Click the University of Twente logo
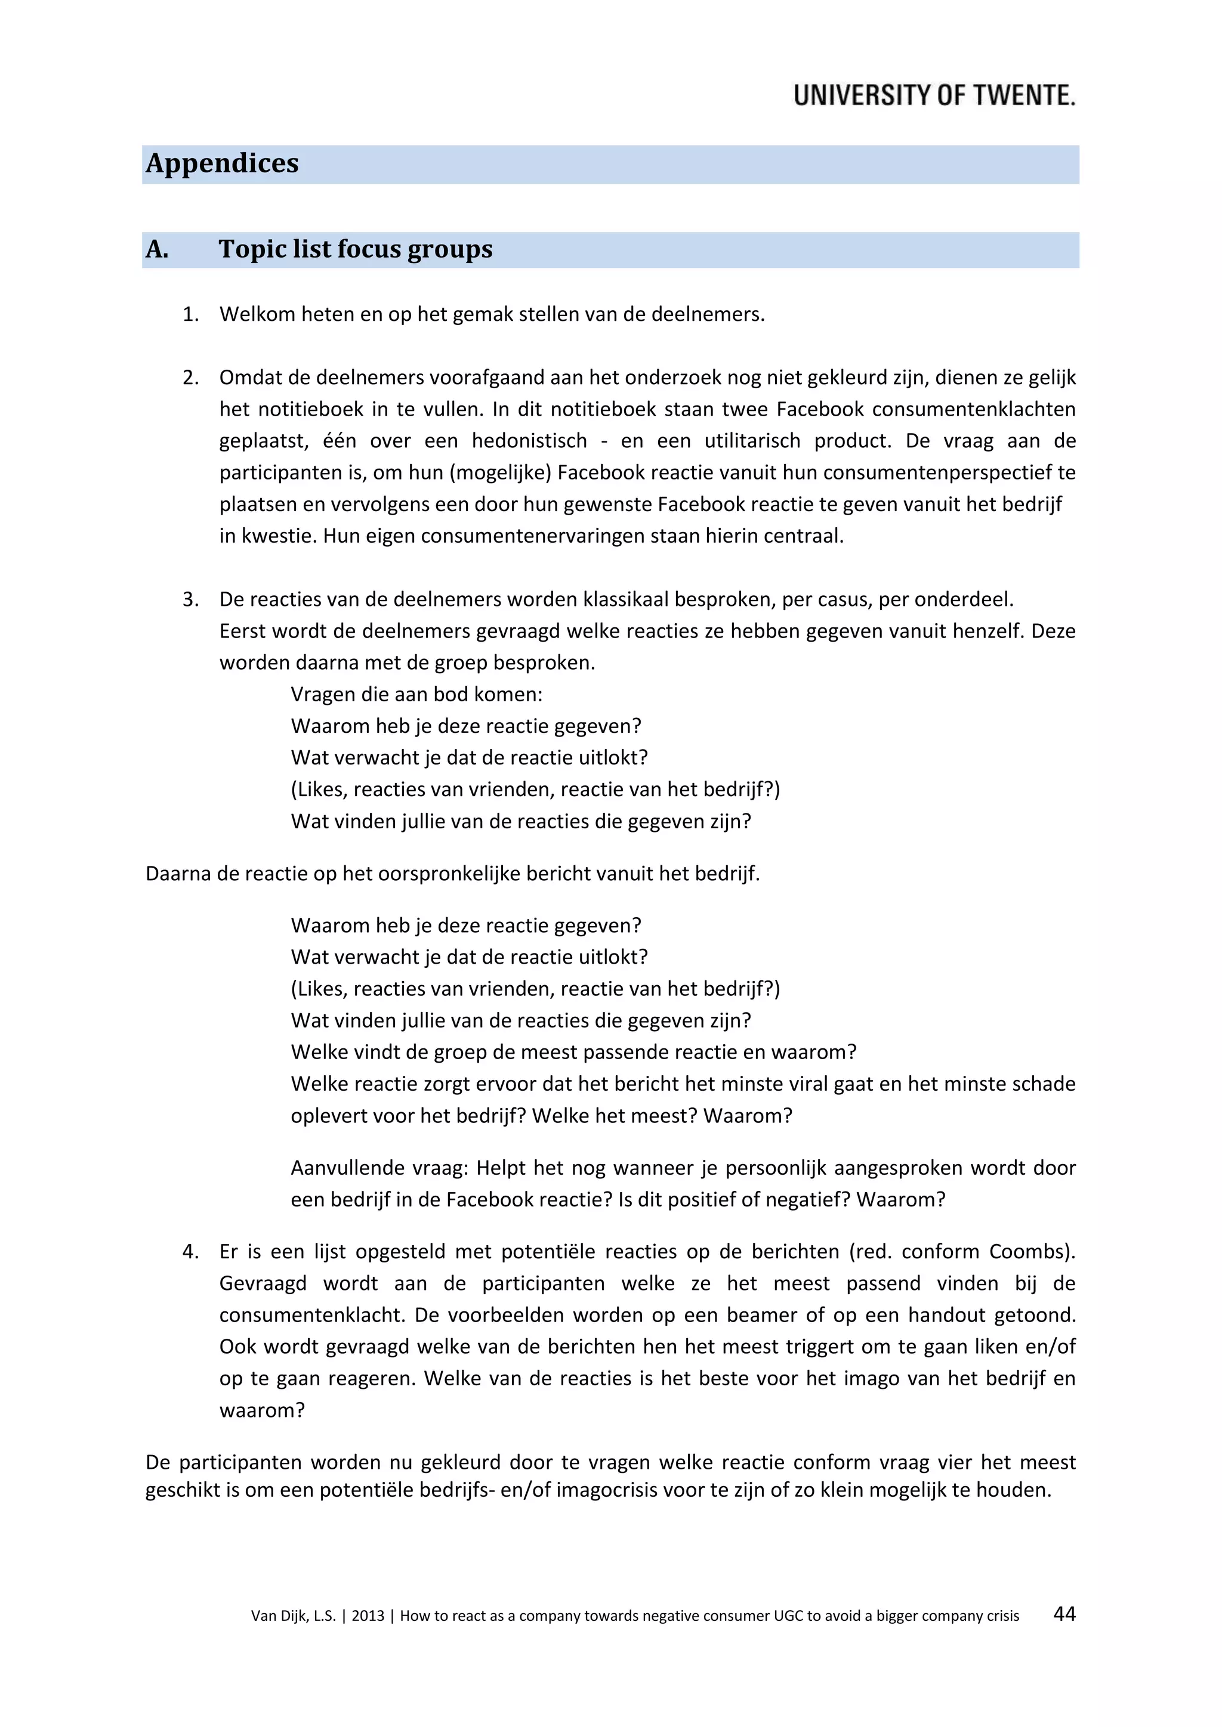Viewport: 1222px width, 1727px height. (x=934, y=95)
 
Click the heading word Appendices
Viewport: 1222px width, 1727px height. (x=222, y=163)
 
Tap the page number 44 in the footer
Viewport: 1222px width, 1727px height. (x=1064, y=1614)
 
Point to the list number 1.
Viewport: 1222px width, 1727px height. (x=190, y=314)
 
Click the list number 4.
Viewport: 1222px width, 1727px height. (x=190, y=1251)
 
